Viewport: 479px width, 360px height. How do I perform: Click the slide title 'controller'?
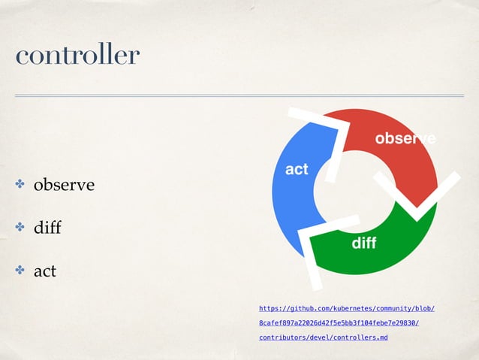tap(77, 55)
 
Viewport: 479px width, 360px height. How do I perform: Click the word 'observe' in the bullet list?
tap(63, 185)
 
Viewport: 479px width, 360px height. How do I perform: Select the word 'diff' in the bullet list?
tap(47, 228)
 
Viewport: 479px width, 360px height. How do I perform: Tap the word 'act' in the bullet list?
tap(44, 271)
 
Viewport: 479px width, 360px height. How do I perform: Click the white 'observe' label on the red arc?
tap(405, 139)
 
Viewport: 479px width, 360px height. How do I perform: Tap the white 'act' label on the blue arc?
tap(297, 170)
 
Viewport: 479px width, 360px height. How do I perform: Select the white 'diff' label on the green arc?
tap(363, 244)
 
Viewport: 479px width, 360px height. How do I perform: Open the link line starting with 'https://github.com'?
tap(347, 308)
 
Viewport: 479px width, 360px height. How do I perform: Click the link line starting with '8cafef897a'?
tap(339, 323)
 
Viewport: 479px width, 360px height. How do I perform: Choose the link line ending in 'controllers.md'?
tap(323, 338)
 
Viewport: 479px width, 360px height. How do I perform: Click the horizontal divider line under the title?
tap(239, 95)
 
